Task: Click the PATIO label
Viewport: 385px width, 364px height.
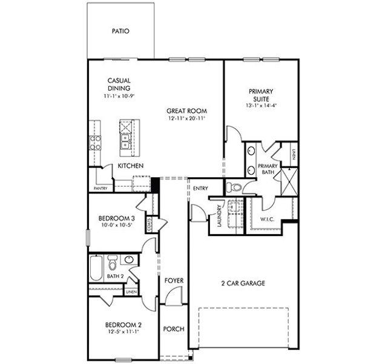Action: coord(120,31)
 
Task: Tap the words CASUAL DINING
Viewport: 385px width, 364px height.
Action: coord(119,84)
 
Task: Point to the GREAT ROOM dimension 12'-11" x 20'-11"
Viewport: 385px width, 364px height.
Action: coord(187,119)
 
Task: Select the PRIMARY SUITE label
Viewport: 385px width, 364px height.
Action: coord(260,95)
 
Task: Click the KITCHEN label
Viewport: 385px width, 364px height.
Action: coord(130,166)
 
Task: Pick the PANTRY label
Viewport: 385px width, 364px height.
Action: coord(100,188)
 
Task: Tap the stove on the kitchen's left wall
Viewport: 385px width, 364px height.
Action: coord(96,143)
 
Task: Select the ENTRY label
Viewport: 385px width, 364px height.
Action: coord(200,189)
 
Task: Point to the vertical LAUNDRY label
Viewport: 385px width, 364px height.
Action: coord(219,216)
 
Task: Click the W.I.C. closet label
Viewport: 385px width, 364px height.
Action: coord(268,219)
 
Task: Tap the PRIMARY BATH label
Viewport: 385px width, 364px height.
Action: coord(268,169)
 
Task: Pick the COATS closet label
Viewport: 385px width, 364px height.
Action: coord(149,224)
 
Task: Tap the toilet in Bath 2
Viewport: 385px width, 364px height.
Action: coord(113,263)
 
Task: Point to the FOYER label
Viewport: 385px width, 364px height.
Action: coord(174,280)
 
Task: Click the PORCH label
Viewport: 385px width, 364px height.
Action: coord(174,329)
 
